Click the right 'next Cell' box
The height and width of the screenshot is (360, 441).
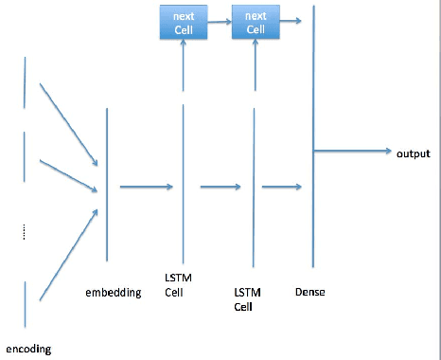[x=255, y=23]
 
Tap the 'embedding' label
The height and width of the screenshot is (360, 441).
[x=113, y=293]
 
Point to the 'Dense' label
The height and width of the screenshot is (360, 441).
[x=309, y=293]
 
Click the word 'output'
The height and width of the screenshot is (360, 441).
[x=413, y=153]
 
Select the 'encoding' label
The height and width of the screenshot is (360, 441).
[x=28, y=349]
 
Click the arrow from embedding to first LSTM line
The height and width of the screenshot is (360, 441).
[x=146, y=187]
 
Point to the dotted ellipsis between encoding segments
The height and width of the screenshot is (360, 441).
[x=24, y=232]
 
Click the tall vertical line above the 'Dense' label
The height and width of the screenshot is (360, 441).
[x=311, y=142]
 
